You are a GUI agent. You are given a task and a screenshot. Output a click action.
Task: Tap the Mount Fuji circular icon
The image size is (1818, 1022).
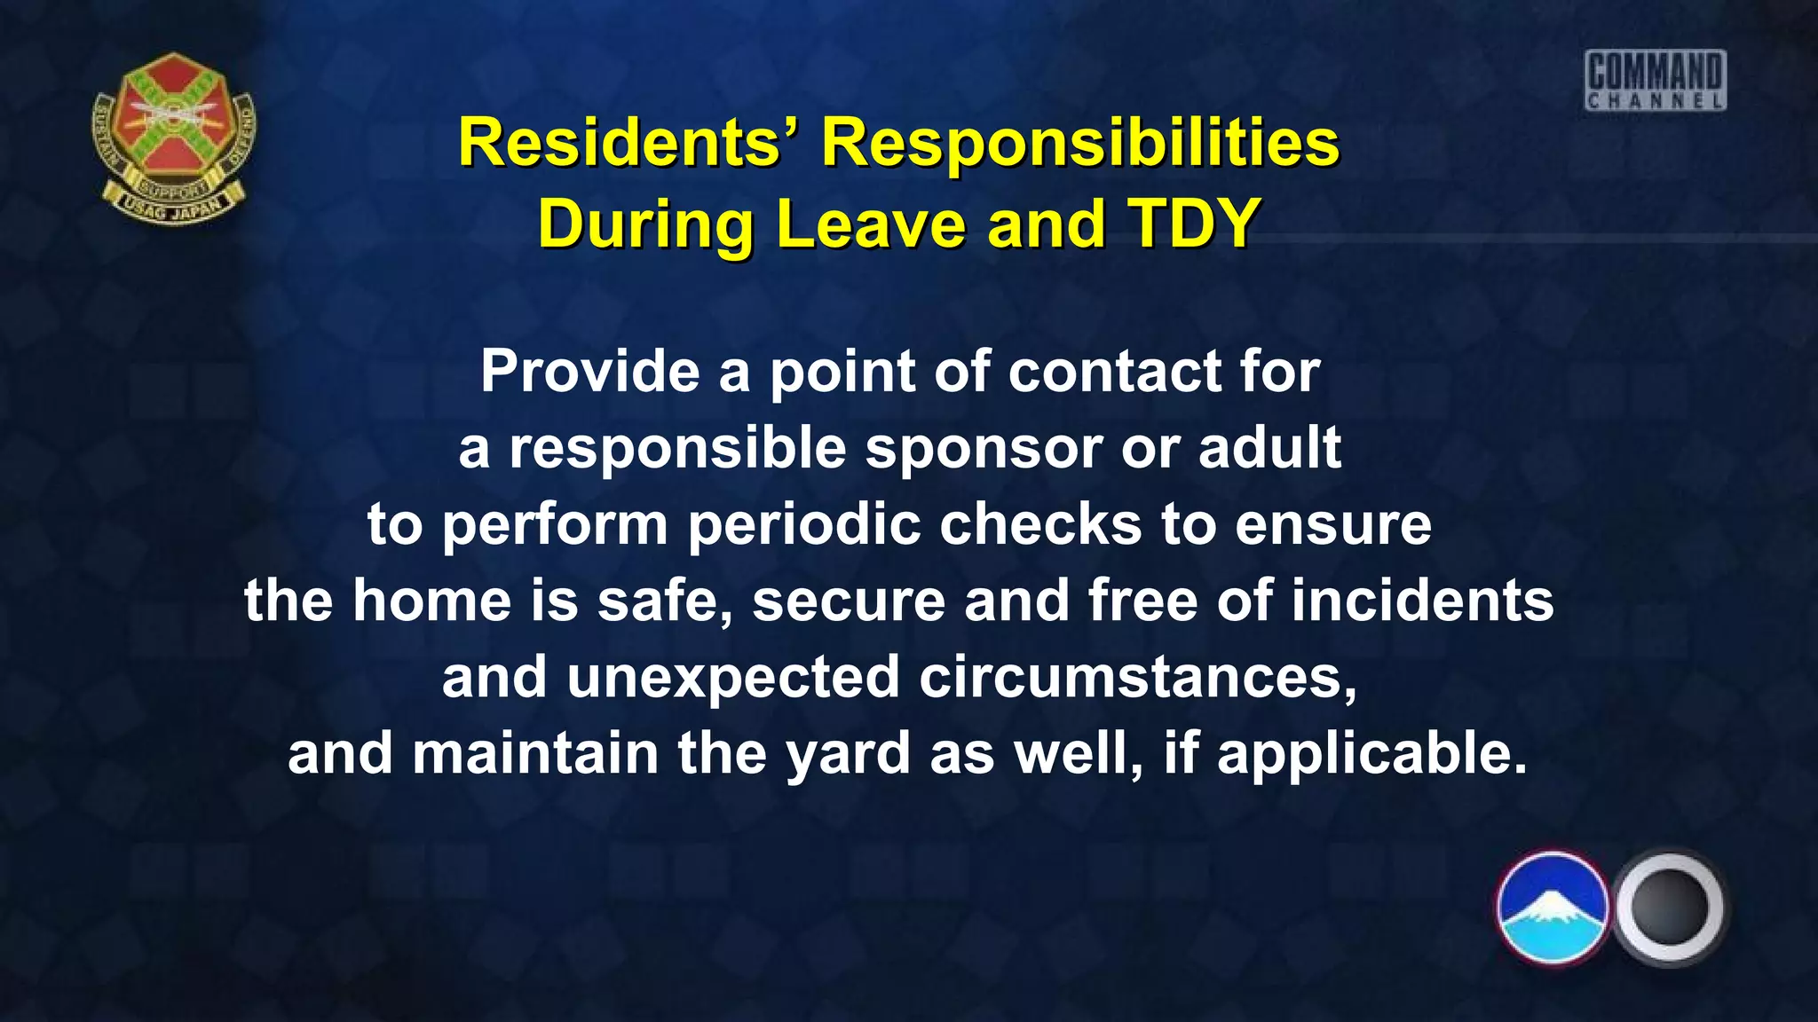coord(1552,908)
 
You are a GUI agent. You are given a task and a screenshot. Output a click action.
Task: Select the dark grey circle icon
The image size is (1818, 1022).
coord(1669,908)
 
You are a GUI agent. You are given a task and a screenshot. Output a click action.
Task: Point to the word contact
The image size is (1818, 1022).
coord(1114,371)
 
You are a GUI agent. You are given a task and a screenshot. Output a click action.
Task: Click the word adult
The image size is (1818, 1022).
coord(1269,448)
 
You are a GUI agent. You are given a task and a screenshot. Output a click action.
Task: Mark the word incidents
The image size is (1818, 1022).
coord(1422,601)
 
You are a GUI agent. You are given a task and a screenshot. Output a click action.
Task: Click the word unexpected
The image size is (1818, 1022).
coord(733,678)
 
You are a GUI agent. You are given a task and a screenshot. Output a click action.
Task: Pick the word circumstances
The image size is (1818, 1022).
coord(1137,678)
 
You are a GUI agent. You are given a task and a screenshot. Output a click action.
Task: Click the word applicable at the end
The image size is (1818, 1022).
coord(1371,754)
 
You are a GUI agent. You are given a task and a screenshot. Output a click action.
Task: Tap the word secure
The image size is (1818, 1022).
coord(849,601)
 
